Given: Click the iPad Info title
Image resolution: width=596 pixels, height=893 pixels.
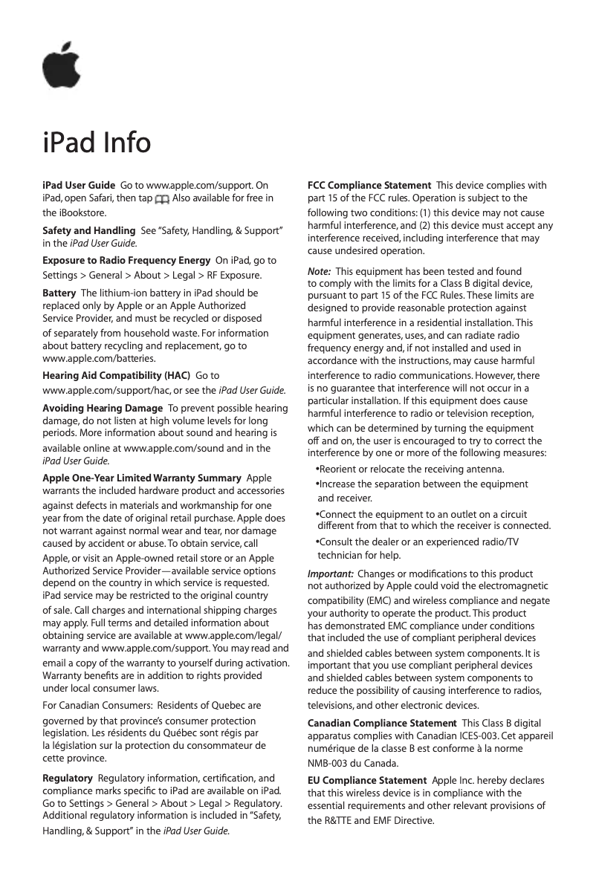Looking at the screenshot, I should pos(97,143).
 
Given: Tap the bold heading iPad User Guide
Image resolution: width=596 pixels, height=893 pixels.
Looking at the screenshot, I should pos(78,185).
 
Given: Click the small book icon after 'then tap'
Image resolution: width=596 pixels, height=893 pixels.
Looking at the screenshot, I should pos(161,199).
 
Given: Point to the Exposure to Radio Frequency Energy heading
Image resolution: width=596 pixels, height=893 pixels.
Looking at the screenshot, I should pos(126,261).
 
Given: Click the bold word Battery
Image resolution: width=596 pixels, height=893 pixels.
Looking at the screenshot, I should pos(59,293).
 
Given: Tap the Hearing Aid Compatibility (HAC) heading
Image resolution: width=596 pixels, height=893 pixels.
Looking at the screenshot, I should pos(116,376).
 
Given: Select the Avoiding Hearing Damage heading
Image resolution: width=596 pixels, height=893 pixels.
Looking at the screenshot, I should pos(103,408).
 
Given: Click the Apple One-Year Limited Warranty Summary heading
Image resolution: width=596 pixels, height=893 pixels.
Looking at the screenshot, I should pos(141,478).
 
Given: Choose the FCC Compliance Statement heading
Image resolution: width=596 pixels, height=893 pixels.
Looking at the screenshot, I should pos(369,185).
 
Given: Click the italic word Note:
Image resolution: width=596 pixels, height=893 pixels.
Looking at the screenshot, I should pos(319,272).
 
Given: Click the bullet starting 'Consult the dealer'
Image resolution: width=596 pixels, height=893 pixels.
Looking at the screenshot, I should pos(418,542).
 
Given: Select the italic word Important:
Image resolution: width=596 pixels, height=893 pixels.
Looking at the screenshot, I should pos(330,574).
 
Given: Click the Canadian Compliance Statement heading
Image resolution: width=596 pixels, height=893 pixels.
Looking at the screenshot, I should pos(382,723).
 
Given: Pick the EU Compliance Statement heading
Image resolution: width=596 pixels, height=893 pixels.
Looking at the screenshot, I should pos(366,781).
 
